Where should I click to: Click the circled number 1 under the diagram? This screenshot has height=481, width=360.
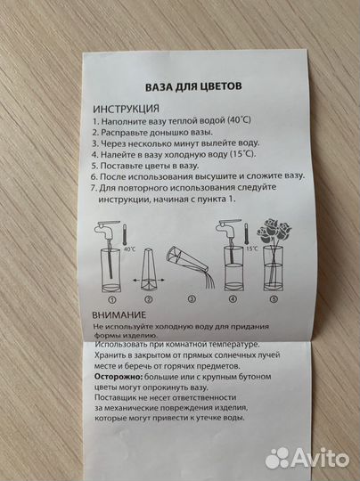(112, 300)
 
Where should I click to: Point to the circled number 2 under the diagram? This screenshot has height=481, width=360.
(148, 300)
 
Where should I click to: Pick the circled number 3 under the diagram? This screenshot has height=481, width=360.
(191, 300)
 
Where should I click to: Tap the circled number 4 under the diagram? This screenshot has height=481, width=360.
(233, 300)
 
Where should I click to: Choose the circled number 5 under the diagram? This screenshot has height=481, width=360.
(274, 300)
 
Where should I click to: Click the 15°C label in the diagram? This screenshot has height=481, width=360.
(253, 249)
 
